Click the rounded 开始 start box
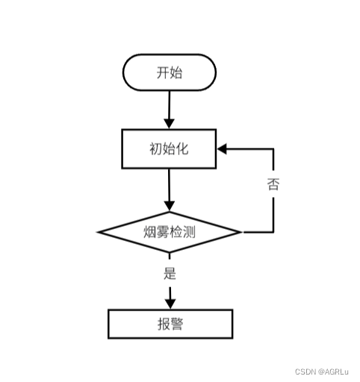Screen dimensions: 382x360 point(169,72)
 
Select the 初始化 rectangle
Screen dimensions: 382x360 point(169,148)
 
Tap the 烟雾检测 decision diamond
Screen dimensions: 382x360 point(170,231)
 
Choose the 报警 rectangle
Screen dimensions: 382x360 point(170,324)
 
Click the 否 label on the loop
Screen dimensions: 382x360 point(273,185)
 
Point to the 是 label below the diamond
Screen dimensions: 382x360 point(170,273)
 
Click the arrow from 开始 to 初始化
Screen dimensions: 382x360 point(169,108)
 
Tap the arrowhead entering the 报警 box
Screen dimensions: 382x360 point(170,302)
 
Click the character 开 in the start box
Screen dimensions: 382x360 point(162,72)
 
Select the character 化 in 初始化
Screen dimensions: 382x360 point(182,148)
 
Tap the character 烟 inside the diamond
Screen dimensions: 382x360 point(149,231)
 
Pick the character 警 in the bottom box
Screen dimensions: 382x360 point(178,324)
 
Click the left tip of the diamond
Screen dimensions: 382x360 point(99,232)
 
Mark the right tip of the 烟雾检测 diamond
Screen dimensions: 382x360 point(240,232)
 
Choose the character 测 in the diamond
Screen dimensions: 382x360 point(190,231)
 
